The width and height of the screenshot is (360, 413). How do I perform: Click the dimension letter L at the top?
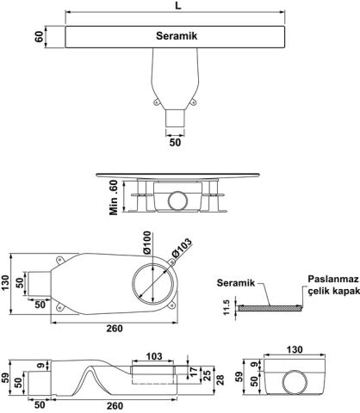coord(178,5)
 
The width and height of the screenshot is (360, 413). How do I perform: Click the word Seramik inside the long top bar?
coord(177,36)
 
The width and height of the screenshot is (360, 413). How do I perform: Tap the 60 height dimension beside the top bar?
coord(39,37)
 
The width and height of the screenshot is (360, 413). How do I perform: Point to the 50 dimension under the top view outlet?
coord(175,142)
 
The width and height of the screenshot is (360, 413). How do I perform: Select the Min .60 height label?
coord(114,197)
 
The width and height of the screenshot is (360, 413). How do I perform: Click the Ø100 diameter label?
coord(146,243)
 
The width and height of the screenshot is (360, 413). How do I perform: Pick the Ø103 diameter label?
coord(182,248)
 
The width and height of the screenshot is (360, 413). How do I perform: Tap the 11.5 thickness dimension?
coord(227,307)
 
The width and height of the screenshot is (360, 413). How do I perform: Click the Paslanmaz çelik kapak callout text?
coord(333,285)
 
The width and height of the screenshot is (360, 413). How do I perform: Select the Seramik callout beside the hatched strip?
coord(236,283)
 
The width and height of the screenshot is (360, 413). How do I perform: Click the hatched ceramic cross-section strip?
coord(270,308)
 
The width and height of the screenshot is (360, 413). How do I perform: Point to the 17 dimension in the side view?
coord(194,372)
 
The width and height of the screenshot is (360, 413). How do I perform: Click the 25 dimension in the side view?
coord(207,376)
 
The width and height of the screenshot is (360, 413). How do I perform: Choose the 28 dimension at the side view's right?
coord(220,379)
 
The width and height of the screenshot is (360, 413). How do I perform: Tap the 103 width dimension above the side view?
coord(154,356)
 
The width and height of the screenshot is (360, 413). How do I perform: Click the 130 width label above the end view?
coord(295,349)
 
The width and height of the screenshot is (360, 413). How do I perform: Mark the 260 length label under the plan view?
coord(115,328)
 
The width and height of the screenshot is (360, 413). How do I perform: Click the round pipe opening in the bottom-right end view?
coord(295,382)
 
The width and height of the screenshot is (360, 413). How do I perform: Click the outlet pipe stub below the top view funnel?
coord(175,118)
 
